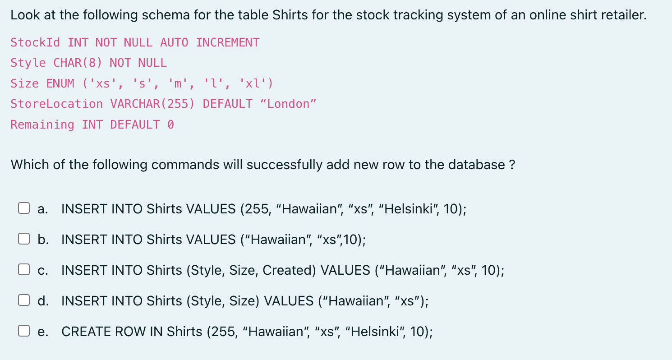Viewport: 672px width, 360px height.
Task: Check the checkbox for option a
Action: [x=24, y=208]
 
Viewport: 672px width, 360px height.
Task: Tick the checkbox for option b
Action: [x=24, y=239]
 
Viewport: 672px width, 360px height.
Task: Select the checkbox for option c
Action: [x=24, y=270]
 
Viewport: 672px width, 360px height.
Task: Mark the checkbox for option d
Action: [x=24, y=300]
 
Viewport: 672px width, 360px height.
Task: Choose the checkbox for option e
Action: [x=24, y=331]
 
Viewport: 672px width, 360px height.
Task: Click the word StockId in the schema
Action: [x=35, y=42]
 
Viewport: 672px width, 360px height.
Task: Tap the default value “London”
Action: [x=288, y=104]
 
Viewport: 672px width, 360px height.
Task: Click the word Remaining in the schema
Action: [x=42, y=125]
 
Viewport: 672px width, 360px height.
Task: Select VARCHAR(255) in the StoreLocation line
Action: [x=152, y=104]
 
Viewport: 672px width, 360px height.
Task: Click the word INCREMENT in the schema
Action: [x=228, y=42]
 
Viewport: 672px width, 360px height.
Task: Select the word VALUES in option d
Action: [x=288, y=301]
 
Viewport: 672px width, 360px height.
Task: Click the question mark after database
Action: [x=511, y=165]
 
